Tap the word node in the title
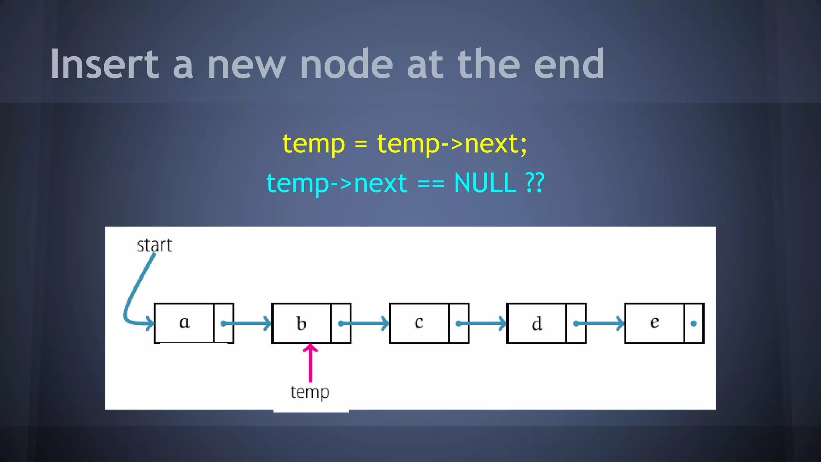(x=346, y=64)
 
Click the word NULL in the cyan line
(x=485, y=183)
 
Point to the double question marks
(x=535, y=183)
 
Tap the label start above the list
(x=154, y=245)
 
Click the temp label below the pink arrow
(x=310, y=392)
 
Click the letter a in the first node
(x=184, y=322)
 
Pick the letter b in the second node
(x=301, y=323)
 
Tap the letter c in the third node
(x=419, y=322)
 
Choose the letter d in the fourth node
(x=537, y=324)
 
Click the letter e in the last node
(x=654, y=322)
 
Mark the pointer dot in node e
(x=694, y=324)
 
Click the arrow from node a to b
(x=247, y=323)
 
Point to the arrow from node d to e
(x=599, y=323)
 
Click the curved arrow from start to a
(x=134, y=293)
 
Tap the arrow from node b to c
(x=364, y=323)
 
